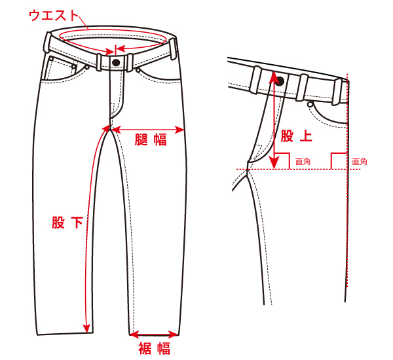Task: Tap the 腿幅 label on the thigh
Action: tap(150, 139)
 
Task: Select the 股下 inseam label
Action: tap(67, 223)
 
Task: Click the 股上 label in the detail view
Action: tap(296, 136)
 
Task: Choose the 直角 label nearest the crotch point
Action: tap(303, 161)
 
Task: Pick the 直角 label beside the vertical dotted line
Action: tap(360, 161)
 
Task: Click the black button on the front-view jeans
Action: tap(117, 62)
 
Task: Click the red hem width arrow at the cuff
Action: tap(155, 333)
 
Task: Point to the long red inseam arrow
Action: tap(92, 229)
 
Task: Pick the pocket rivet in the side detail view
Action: tap(309, 104)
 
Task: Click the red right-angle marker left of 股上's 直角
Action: tap(282, 160)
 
